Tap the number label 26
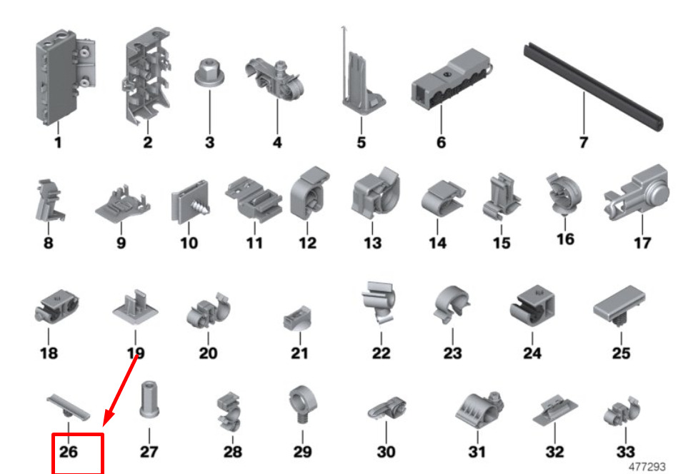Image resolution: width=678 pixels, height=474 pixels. tap(69, 452)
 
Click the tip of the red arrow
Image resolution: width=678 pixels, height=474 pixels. tap(104, 426)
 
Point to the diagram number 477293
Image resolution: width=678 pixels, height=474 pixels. tap(647, 467)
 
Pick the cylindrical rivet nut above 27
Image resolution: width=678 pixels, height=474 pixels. tap(149, 399)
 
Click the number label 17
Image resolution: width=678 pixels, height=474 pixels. tap(642, 243)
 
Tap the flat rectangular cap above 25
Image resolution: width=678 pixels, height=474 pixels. tap(619, 306)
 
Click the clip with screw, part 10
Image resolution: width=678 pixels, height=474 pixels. tap(190, 202)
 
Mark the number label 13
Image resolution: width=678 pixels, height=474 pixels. tap(372, 243)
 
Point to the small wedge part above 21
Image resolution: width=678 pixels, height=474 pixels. tap(297, 318)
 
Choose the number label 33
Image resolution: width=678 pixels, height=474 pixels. tap(625, 452)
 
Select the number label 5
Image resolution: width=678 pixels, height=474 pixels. tap(361, 142)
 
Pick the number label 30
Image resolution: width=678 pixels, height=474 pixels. tap(386, 452)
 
